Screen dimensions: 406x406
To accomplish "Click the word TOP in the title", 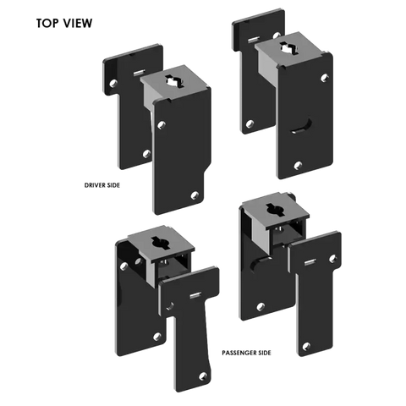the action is tap(47, 23).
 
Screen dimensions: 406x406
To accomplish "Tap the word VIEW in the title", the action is tap(77, 23).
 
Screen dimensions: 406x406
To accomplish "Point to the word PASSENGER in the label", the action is tap(238, 353).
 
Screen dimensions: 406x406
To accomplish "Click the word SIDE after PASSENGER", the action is tap(263, 353).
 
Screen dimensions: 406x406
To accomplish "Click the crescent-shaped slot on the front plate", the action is tap(302, 126).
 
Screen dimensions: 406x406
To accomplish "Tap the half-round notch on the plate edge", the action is tap(257, 265).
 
